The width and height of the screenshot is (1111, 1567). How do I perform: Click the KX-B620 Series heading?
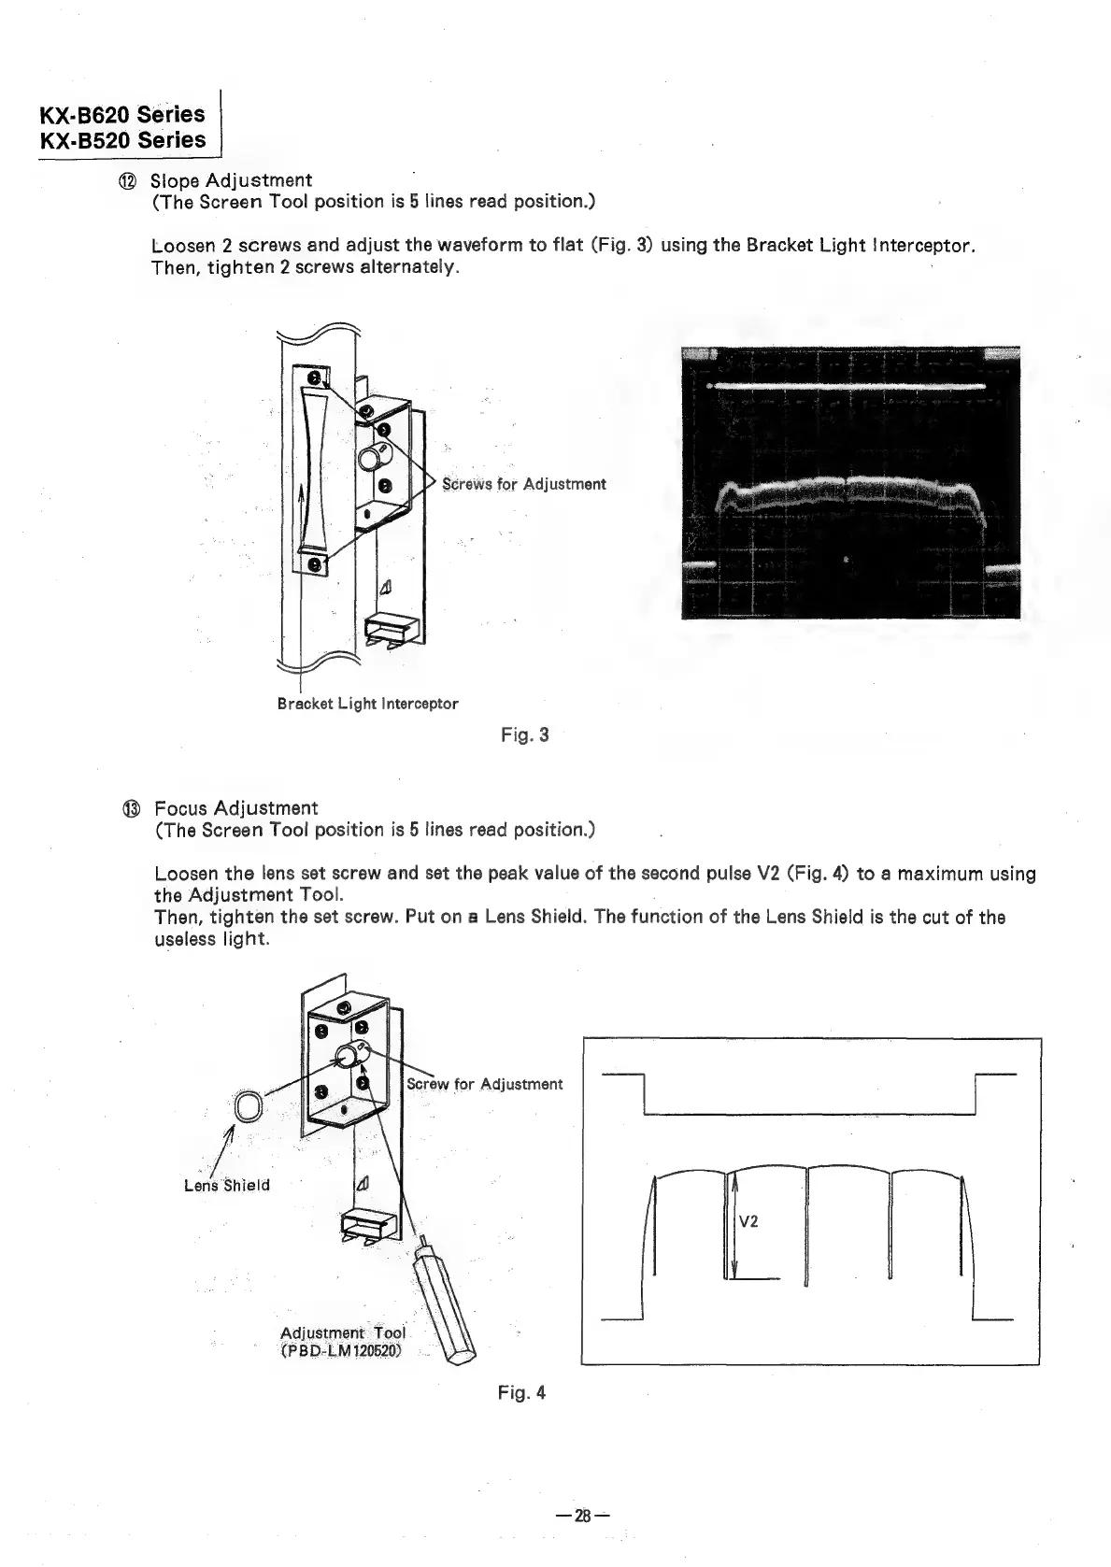pyautogui.click(x=121, y=114)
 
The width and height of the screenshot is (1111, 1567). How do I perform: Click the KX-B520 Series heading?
pyautogui.click(x=121, y=140)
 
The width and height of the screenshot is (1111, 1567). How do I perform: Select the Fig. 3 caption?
pyautogui.click(x=524, y=735)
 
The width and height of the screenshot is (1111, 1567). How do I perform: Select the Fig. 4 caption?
pyautogui.click(x=521, y=1393)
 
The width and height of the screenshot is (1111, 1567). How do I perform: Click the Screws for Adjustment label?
pyautogui.click(x=523, y=484)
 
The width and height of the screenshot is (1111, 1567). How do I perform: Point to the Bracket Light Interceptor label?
pyautogui.click(x=367, y=704)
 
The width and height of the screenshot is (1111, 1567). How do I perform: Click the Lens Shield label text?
pyautogui.click(x=227, y=1185)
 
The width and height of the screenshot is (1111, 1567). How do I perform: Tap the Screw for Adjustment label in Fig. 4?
pyautogui.click(x=485, y=1084)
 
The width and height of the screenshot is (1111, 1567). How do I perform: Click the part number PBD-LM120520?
pyautogui.click(x=341, y=1351)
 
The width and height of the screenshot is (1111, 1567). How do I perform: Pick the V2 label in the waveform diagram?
pyautogui.click(x=748, y=1221)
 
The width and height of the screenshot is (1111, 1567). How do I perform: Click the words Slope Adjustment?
pyautogui.click(x=231, y=180)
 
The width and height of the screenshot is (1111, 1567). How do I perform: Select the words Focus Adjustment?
pyautogui.click(x=235, y=808)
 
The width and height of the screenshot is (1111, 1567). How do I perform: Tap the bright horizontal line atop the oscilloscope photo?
pyautogui.click(x=846, y=385)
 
